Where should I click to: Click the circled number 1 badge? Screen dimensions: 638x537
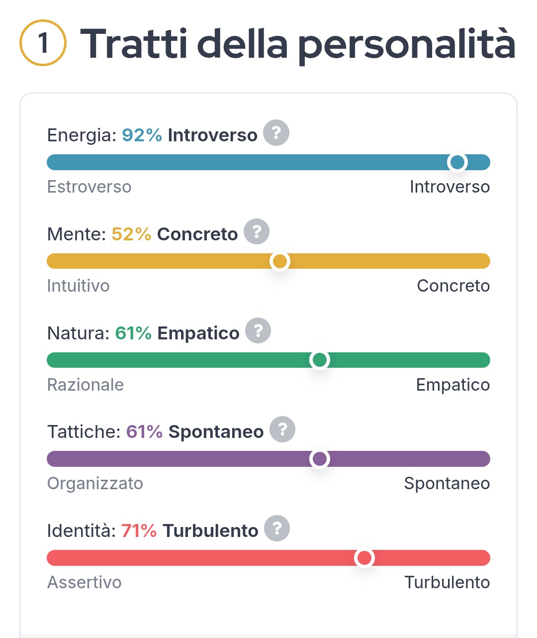(x=43, y=43)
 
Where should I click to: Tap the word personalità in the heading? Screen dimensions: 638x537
(x=406, y=45)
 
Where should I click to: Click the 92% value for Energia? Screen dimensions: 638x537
(x=142, y=135)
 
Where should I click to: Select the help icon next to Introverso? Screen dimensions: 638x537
(x=276, y=133)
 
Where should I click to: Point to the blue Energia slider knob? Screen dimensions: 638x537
(x=457, y=162)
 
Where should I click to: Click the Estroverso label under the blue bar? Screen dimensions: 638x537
(x=89, y=187)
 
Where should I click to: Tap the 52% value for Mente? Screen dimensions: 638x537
(x=131, y=234)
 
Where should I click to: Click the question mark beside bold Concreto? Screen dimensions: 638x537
(x=257, y=231)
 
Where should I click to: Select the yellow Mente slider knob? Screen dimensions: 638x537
(x=280, y=261)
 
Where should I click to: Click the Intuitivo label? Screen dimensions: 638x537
(x=78, y=286)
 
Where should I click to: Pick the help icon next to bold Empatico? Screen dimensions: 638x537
(x=258, y=330)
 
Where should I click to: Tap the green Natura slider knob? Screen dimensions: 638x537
(x=319, y=360)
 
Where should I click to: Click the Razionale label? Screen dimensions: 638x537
(x=85, y=385)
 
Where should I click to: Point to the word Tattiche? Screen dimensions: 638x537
(x=84, y=431)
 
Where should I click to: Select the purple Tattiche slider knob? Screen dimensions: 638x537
(x=319, y=458)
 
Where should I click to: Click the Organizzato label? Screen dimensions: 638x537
(x=95, y=483)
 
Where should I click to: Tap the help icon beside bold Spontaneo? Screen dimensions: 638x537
(x=282, y=429)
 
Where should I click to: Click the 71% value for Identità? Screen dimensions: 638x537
(x=139, y=531)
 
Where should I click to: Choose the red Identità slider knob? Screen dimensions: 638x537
(x=364, y=558)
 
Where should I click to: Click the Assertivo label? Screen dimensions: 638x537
(x=84, y=582)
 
